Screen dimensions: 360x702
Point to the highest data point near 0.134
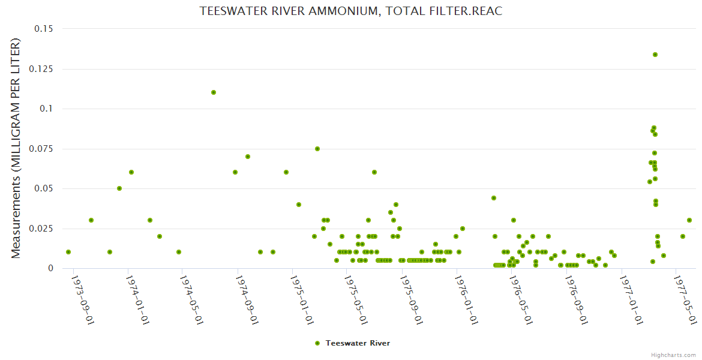pos(655,55)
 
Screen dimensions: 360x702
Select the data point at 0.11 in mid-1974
pos(214,92)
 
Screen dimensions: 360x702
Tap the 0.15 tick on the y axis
pos(43,29)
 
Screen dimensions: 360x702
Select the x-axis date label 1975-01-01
pos(301,299)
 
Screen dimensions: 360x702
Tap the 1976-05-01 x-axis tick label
pos(520,299)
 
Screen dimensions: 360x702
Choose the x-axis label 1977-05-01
pos(685,299)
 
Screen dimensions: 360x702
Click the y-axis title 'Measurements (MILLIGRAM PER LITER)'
pos(16,148)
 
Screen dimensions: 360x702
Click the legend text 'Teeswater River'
pos(358,343)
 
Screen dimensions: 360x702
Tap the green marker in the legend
pos(317,343)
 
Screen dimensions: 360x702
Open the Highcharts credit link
pos(674,355)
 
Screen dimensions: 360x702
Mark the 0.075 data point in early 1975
pos(317,149)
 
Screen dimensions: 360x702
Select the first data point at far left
pos(68,252)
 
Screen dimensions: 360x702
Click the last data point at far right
pos(689,220)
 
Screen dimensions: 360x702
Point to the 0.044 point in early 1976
pos(494,198)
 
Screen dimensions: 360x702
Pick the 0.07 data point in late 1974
pos(248,157)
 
